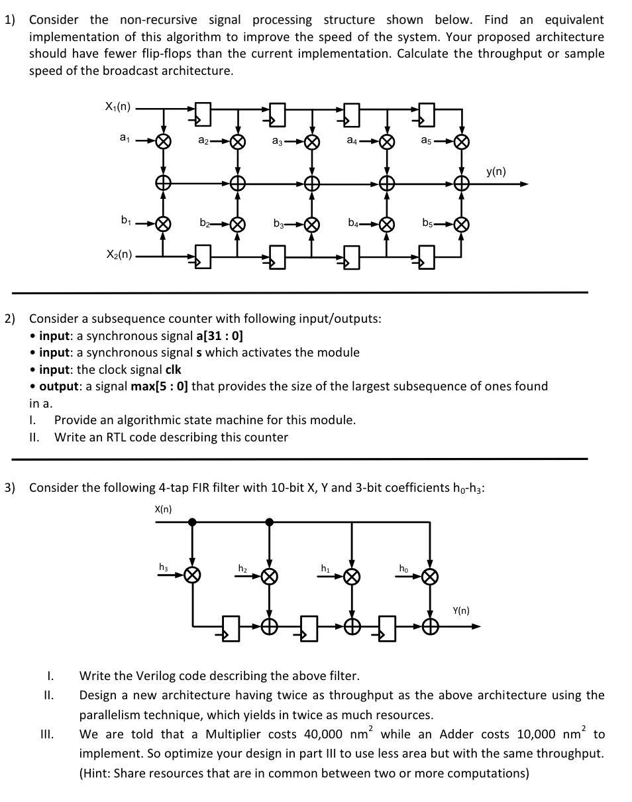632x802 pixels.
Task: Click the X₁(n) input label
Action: pyautogui.click(x=118, y=106)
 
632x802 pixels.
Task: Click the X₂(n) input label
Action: pyautogui.click(x=119, y=254)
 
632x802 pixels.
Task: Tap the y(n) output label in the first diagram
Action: pyautogui.click(x=496, y=172)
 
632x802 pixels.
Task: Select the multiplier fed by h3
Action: pyautogui.click(x=192, y=575)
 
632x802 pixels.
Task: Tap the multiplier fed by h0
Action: pyautogui.click(x=430, y=575)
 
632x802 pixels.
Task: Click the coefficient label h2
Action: pyautogui.click(x=243, y=567)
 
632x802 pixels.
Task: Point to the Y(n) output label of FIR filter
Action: pyautogui.click(x=461, y=610)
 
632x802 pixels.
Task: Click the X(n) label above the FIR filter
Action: pyautogui.click(x=163, y=509)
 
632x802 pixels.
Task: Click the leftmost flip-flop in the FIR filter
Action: pyautogui.click(x=231, y=627)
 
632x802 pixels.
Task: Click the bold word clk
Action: pyautogui.click(x=172, y=369)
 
